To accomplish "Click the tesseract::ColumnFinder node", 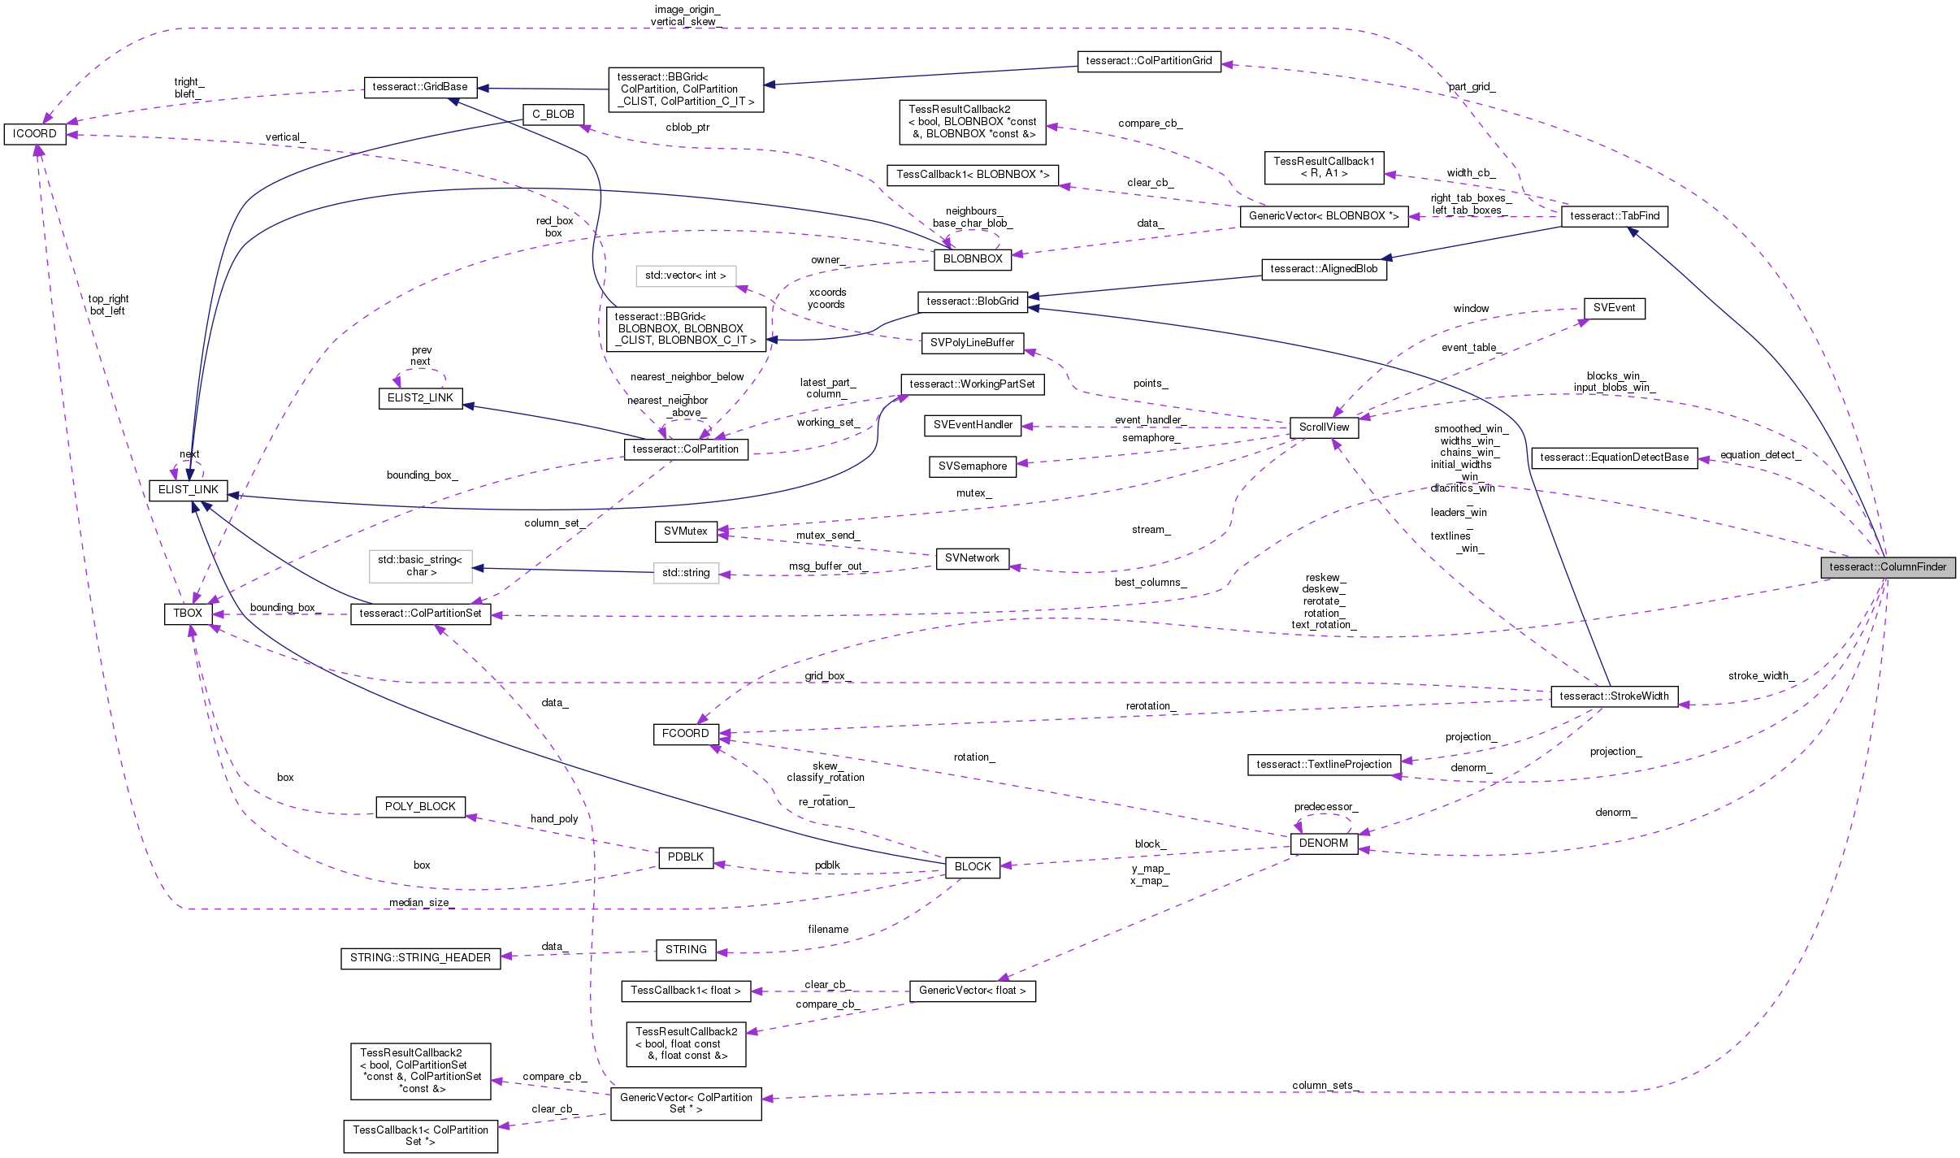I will (1888, 567).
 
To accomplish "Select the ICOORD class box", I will (35, 133).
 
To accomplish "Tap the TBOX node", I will (188, 614).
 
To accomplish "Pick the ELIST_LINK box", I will (189, 490).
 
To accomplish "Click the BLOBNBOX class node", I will (973, 259).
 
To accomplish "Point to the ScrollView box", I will (1324, 427).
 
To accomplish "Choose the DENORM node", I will (1324, 844).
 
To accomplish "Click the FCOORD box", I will (685, 734).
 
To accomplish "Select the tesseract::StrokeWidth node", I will (1614, 696).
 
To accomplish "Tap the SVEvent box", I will (1614, 308).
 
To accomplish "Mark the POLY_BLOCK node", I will (420, 807).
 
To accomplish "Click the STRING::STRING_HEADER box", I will (420, 958).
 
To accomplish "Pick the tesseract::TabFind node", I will (1614, 216).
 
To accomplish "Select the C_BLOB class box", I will (553, 115).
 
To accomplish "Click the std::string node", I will (686, 573).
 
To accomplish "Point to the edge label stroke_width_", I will (1761, 676).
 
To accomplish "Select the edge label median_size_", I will (420, 903).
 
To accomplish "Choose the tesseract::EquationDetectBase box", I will (1614, 458).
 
